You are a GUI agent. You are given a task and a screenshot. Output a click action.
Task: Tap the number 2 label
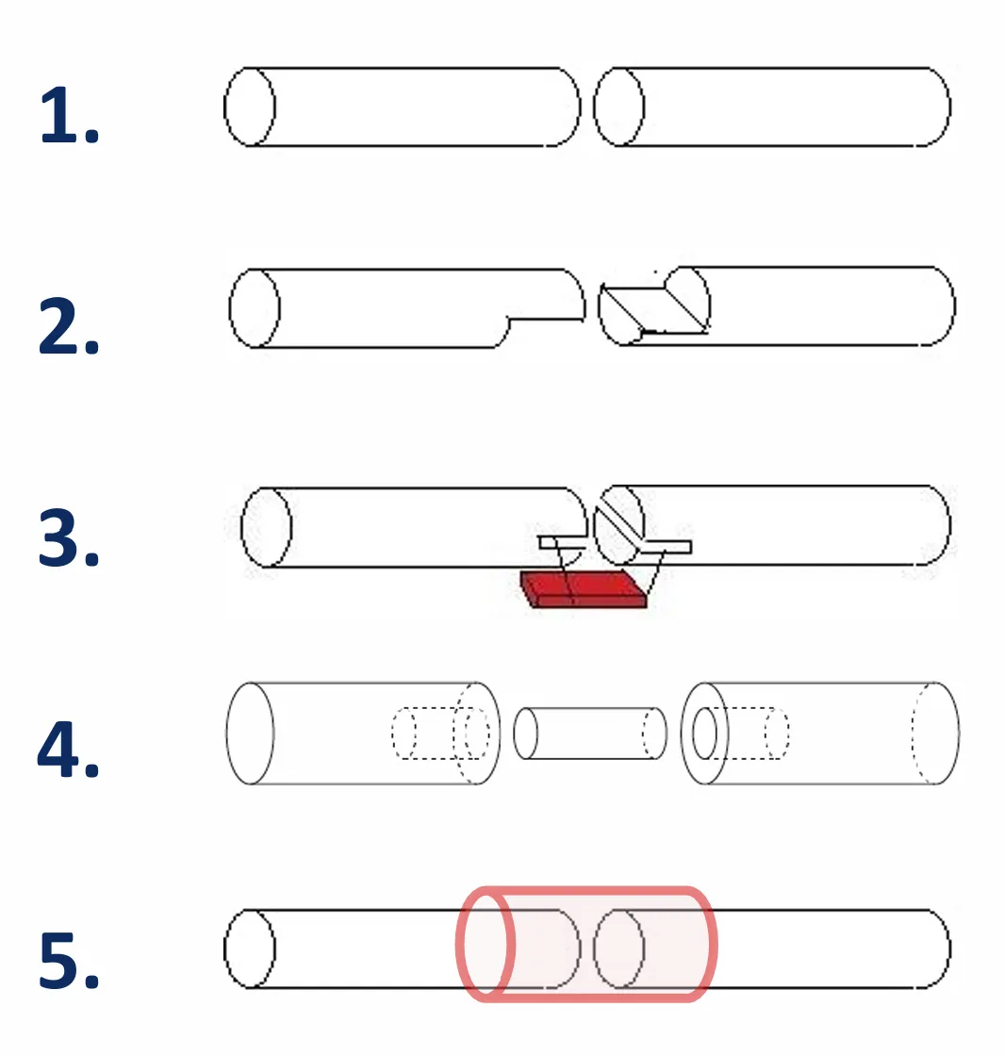(x=69, y=326)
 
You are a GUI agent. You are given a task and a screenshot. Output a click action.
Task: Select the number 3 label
(x=69, y=538)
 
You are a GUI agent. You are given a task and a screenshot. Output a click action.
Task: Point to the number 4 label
(x=68, y=749)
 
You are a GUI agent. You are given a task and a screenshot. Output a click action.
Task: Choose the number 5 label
(x=70, y=960)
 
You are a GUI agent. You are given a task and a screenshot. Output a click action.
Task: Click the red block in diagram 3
(x=584, y=589)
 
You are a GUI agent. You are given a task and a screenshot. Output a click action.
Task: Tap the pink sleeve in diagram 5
(x=586, y=944)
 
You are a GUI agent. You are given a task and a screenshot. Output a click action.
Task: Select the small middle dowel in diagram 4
(x=590, y=734)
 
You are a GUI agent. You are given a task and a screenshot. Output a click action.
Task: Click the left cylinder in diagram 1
(x=402, y=107)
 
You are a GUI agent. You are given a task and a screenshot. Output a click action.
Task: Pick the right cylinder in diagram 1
(x=772, y=107)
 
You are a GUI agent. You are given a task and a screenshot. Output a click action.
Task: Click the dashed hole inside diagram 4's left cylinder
(x=440, y=734)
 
